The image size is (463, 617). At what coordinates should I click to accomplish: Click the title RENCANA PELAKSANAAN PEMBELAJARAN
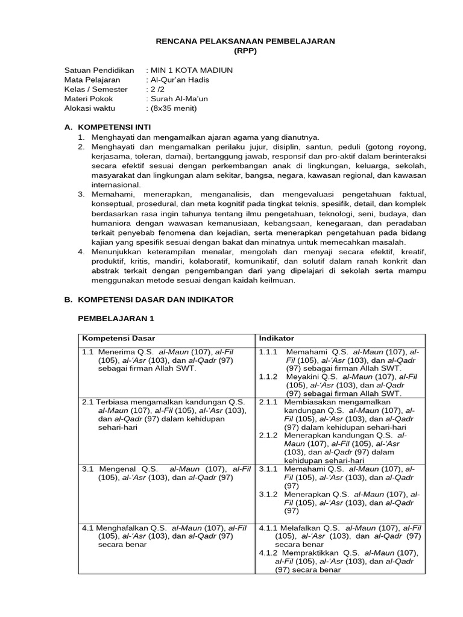tap(245, 40)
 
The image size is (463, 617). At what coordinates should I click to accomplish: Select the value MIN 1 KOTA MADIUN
tap(191, 70)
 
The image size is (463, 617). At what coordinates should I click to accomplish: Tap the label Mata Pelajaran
tap(92, 80)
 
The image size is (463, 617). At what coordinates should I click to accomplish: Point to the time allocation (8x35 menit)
tap(174, 108)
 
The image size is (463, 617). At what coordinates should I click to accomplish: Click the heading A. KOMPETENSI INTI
tap(107, 127)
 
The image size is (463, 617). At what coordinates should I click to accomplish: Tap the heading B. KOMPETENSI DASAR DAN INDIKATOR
tap(148, 299)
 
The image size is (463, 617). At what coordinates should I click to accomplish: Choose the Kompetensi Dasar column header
tap(119, 338)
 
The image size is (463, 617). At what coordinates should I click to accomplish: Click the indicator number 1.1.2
tap(268, 376)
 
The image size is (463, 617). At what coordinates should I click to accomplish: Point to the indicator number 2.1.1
tap(268, 401)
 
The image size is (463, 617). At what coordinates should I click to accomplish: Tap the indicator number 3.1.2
tap(268, 494)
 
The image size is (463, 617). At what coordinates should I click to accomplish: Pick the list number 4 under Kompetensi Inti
tap(82, 251)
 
